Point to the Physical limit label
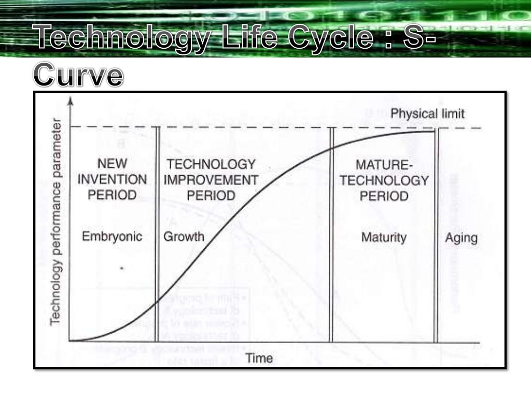427,113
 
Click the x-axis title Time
259,358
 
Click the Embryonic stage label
112,237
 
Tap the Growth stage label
184,237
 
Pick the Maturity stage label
384,238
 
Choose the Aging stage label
462,238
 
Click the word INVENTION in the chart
117,180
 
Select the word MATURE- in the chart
383,165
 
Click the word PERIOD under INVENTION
112,195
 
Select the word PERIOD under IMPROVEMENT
211,196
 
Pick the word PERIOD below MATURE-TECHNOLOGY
384,196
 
